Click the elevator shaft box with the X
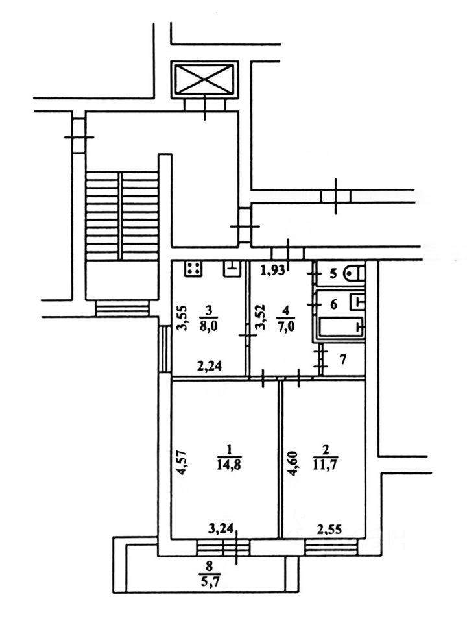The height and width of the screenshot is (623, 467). click(204, 79)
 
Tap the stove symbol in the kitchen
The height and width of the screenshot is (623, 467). click(194, 269)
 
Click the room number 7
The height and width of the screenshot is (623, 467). click(342, 359)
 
